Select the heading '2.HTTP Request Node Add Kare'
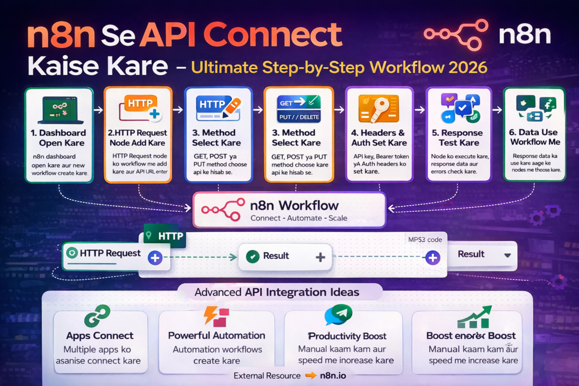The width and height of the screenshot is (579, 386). (x=138, y=138)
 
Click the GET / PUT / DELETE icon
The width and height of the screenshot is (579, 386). (x=298, y=109)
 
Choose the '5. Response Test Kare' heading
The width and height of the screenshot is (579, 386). (x=457, y=138)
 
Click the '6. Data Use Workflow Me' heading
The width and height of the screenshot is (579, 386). (x=534, y=137)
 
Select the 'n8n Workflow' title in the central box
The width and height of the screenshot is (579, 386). (x=294, y=205)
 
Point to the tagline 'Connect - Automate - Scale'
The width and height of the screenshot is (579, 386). (x=299, y=218)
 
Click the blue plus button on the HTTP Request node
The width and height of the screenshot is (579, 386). (x=155, y=258)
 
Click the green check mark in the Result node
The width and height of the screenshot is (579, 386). (x=253, y=257)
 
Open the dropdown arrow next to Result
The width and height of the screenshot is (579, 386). (x=507, y=255)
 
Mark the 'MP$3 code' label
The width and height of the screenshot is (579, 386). (x=425, y=240)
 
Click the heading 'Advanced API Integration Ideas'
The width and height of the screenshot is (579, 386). (x=277, y=292)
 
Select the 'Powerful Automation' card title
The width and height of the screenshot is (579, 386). (x=217, y=335)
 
